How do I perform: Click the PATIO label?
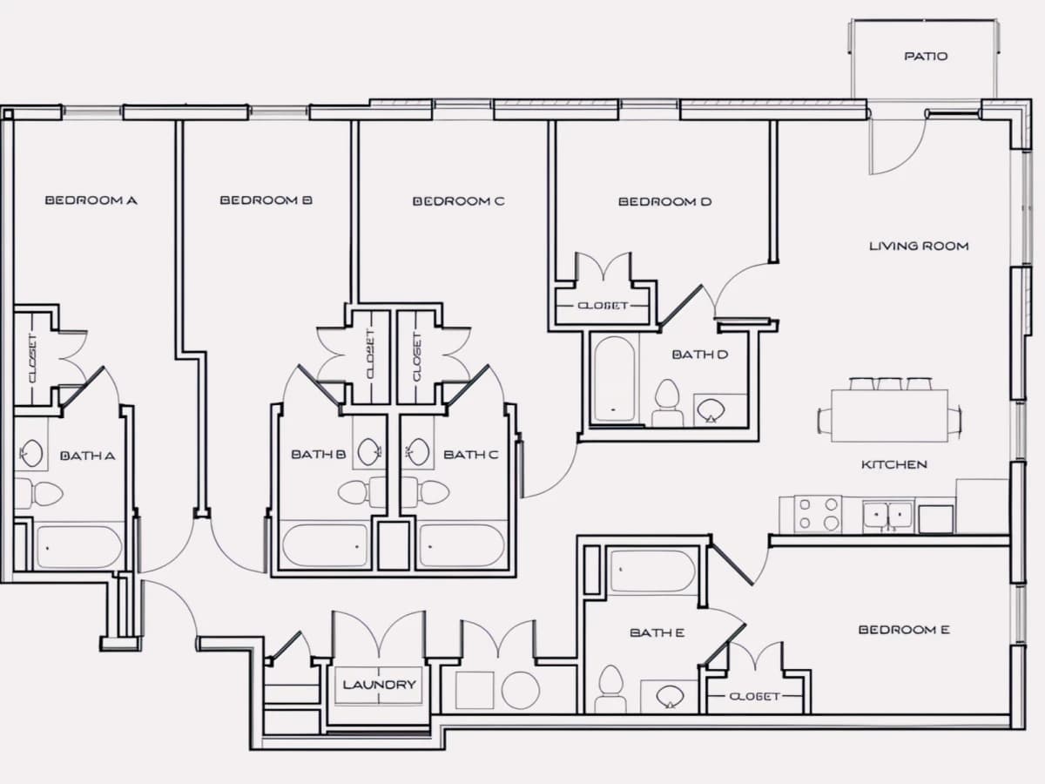926,56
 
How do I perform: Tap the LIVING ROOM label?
919,247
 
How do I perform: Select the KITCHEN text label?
894,464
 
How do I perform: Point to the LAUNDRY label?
379,685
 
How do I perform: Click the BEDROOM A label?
91,200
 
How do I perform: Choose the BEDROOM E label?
904,630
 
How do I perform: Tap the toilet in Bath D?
667,402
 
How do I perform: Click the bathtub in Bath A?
79,547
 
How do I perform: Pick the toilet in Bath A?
39,494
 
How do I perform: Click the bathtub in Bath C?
462,545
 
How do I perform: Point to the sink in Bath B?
369,451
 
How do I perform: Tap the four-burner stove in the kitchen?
818,514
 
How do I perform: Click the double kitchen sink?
888,515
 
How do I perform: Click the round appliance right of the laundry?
521,690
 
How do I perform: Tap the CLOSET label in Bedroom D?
603,306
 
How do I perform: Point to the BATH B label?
318,455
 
